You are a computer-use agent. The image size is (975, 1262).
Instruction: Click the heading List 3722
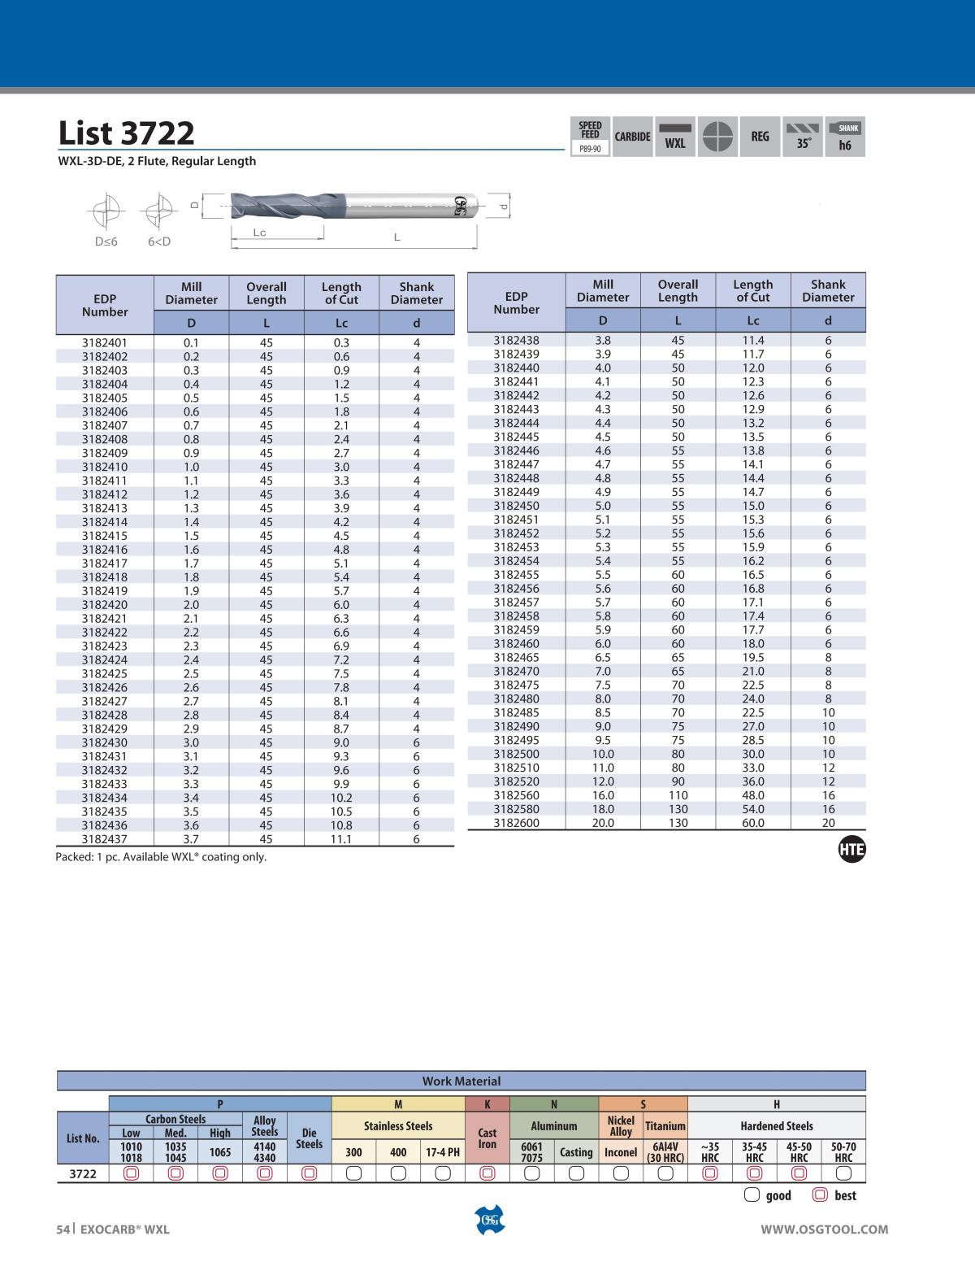click(126, 133)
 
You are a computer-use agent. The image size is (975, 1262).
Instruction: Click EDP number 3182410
click(105, 467)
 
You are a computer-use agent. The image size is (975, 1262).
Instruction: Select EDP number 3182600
click(516, 823)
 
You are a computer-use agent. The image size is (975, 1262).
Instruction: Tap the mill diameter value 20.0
click(603, 823)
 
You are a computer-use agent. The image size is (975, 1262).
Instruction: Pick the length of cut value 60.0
click(752, 823)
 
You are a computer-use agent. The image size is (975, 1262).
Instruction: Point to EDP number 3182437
click(105, 839)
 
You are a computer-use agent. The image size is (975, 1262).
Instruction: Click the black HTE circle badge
click(851, 851)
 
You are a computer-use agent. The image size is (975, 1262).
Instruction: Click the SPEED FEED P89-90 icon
click(591, 137)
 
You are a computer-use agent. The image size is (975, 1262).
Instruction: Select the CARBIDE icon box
click(632, 137)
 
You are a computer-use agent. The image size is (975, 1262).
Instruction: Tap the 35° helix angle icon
click(803, 137)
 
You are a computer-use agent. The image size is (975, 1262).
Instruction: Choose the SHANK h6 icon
click(845, 137)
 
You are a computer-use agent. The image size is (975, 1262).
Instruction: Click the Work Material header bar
click(461, 1081)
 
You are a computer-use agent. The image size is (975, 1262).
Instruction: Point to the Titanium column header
click(665, 1126)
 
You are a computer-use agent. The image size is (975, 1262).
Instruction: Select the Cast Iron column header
click(487, 1138)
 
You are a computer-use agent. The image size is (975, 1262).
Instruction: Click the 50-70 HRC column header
click(843, 1152)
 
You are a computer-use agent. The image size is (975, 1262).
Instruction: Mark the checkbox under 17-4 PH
click(443, 1173)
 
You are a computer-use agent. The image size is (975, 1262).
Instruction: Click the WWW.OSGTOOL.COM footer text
click(824, 1229)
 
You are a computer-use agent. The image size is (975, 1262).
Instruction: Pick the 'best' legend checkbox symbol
click(820, 1195)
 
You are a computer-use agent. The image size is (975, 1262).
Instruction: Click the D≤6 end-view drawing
click(106, 213)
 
